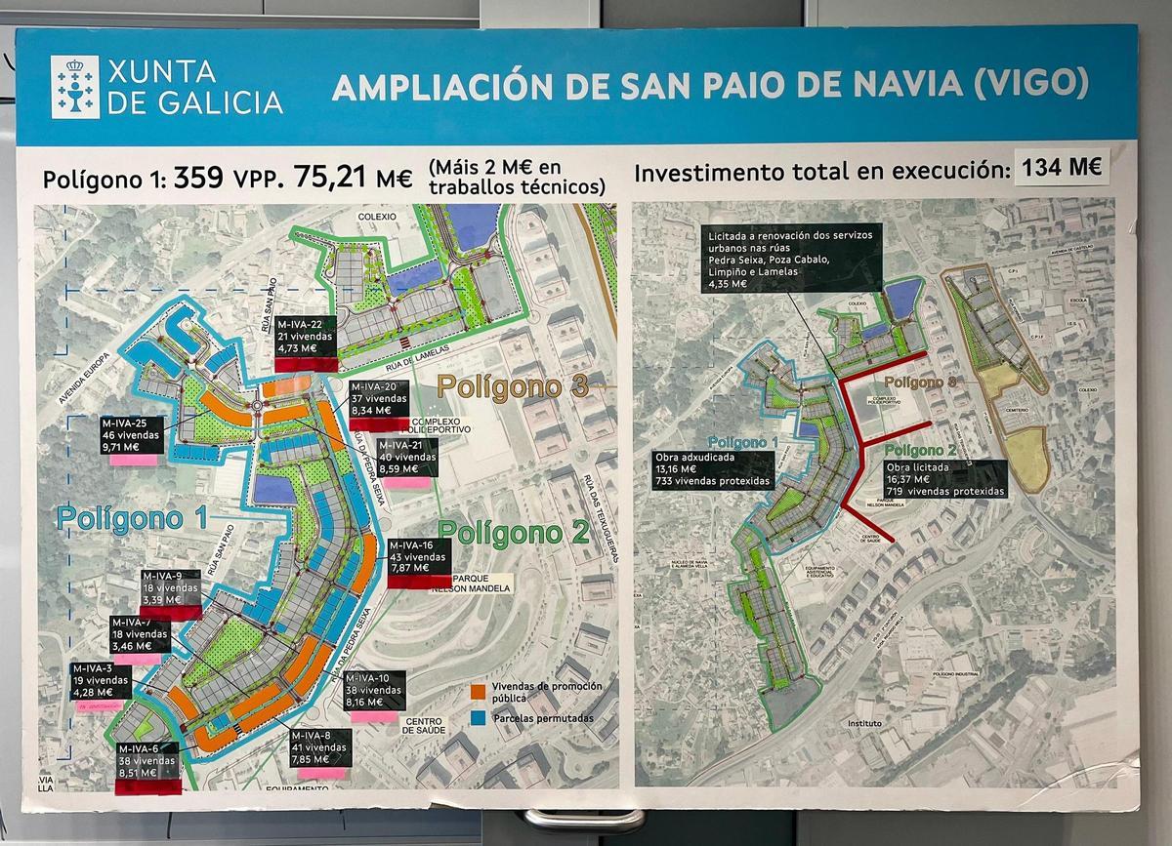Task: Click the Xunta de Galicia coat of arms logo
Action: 74,86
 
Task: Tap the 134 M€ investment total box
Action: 1061,168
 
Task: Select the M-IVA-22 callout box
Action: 306,337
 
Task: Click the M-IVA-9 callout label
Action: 171,588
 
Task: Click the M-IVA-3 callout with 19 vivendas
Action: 101,680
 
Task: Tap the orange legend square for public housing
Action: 478,691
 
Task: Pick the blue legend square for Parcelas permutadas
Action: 478,717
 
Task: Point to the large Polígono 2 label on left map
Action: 514,534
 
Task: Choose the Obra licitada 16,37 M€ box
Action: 944,479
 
